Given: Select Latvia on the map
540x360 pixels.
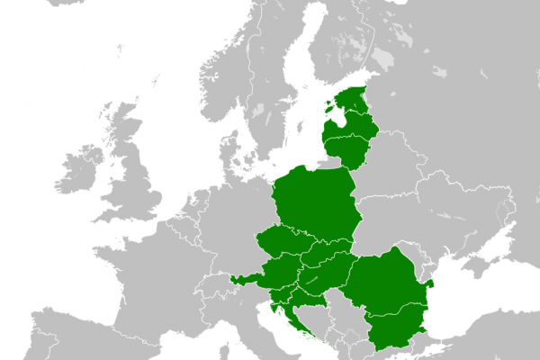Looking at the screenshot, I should (x=349, y=122).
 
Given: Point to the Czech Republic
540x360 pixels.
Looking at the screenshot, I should (x=283, y=244).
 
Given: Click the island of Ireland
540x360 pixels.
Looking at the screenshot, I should (x=81, y=171).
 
